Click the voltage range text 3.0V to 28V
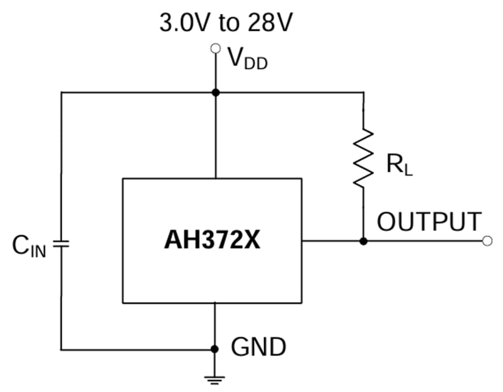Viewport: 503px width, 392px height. pos(227,23)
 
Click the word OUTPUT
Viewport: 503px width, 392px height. pos(429,221)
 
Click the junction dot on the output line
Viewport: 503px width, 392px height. pos(363,241)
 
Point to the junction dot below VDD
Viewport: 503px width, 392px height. pos(215,92)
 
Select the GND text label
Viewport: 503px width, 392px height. pos(258,347)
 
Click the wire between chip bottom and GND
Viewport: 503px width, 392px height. pos(215,324)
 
